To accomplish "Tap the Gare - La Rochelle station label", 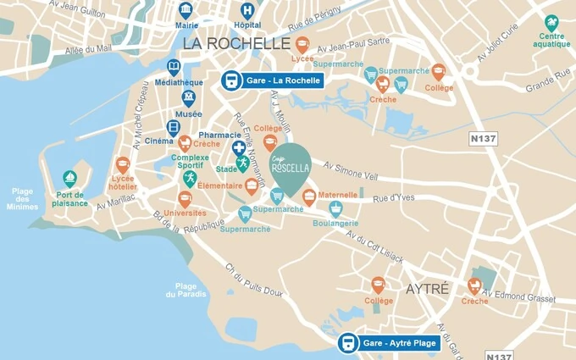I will [273, 80].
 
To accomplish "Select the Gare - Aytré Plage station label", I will [390, 343].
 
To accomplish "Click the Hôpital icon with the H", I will [247, 11].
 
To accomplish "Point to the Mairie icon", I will [186, 10].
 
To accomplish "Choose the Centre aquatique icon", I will [551, 23].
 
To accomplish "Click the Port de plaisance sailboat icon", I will [70, 179].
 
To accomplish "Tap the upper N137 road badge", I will [484, 138].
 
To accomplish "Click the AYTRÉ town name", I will [427, 289].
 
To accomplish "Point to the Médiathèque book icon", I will [174, 67].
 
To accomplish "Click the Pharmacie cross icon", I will [240, 148].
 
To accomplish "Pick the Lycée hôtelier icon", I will [124, 165].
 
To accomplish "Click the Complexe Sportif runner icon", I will [191, 178].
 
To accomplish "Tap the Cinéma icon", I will [174, 128].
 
